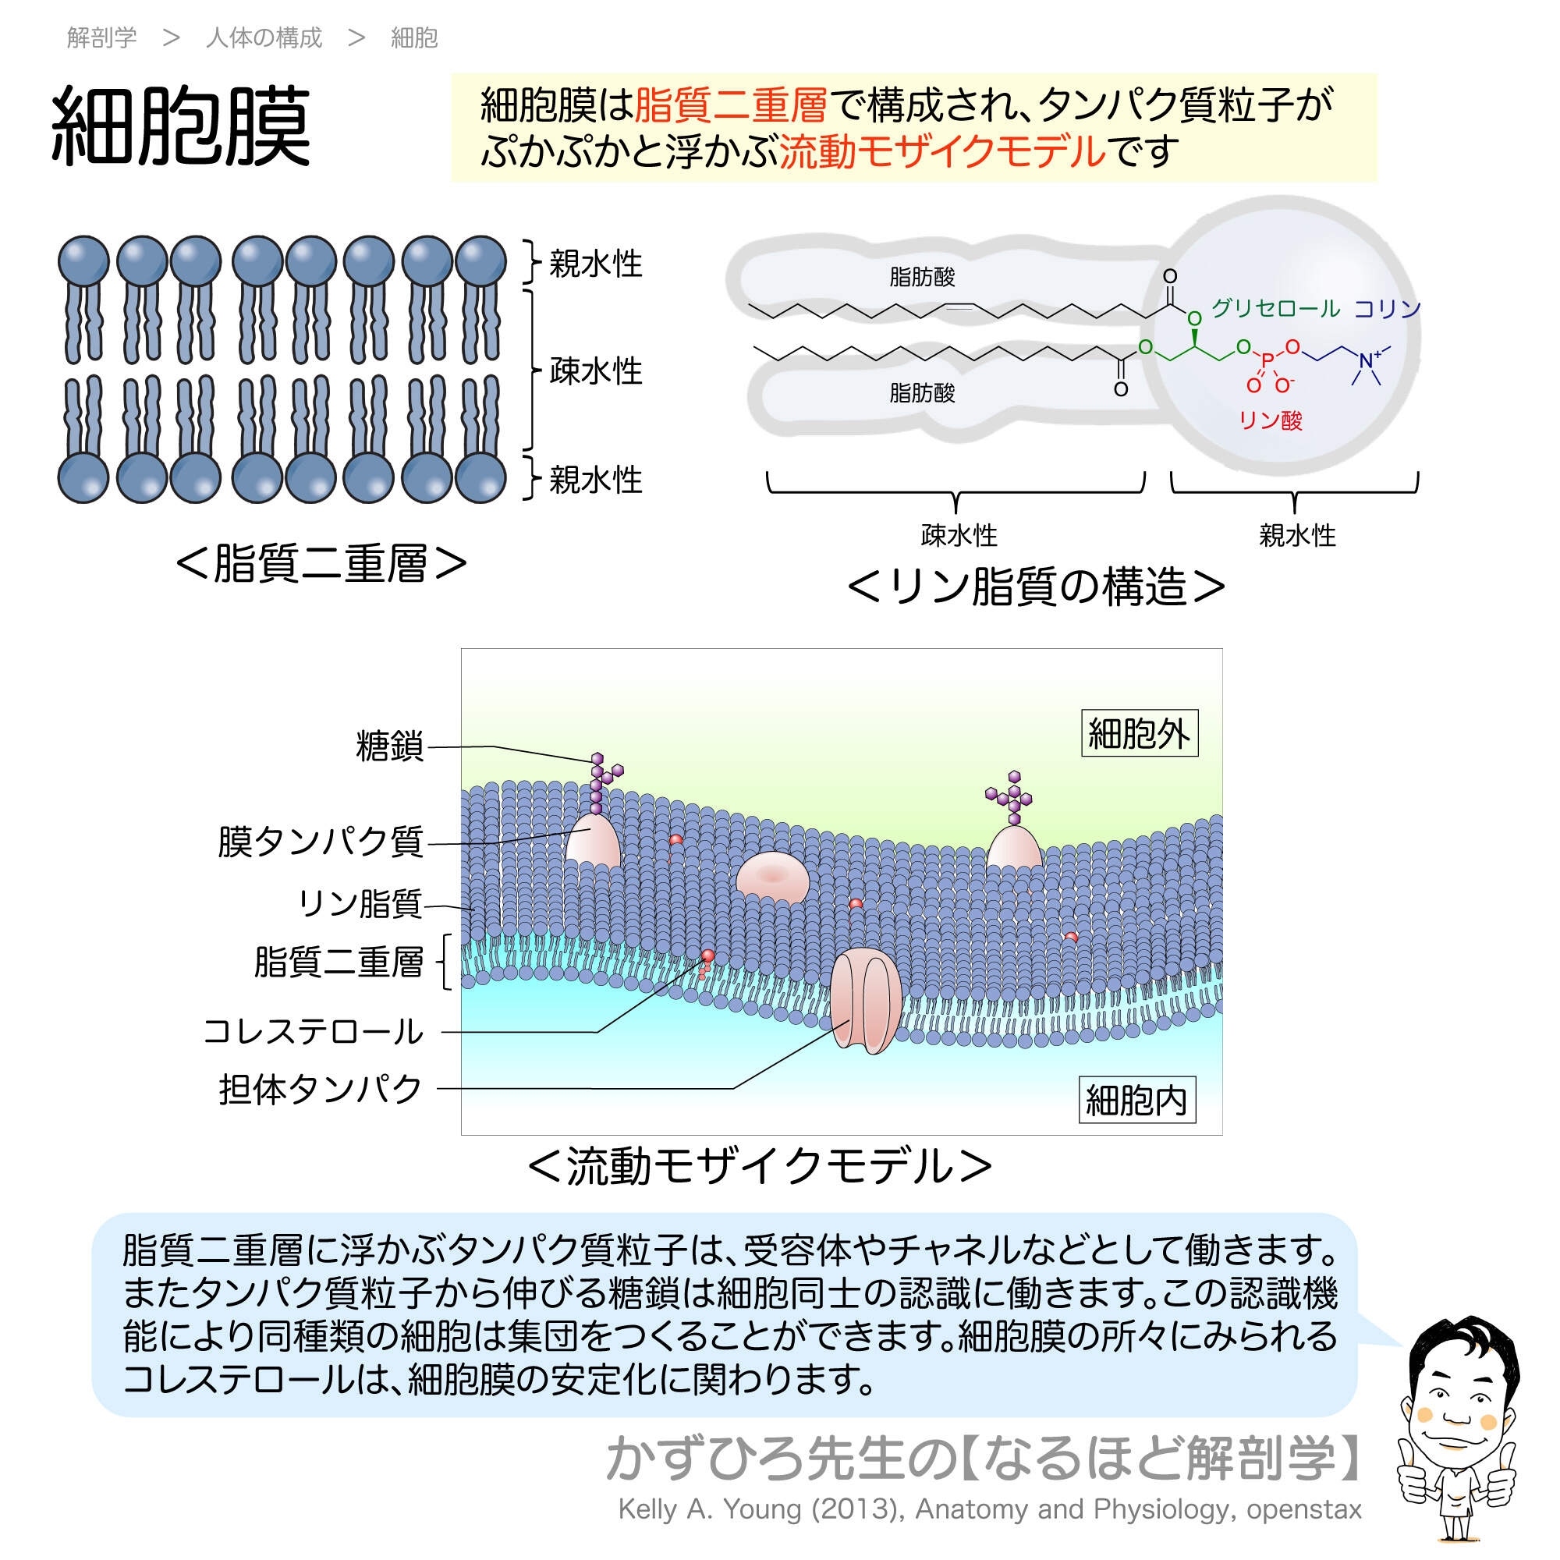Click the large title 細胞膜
click(x=180, y=127)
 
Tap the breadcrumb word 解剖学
click(x=101, y=37)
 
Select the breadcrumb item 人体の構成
click(x=264, y=37)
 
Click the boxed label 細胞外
click(x=1139, y=733)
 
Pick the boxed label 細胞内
click(x=1136, y=1100)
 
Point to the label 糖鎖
click(x=389, y=746)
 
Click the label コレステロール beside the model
click(x=314, y=1031)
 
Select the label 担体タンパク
click(x=320, y=1088)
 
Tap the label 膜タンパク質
click(x=320, y=842)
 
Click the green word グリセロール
click(x=1276, y=307)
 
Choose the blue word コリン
click(x=1386, y=308)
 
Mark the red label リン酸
click(x=1270, y=420)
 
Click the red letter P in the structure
click(x=1267, y=360)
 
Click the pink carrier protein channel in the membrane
click(x=866, y=1002)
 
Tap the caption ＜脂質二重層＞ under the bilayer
click(x=321, y=563)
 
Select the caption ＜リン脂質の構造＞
click(x=1036, y=587)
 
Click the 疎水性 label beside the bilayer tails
click(x=595, y=370)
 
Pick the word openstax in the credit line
click(x=1303, y=1509)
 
